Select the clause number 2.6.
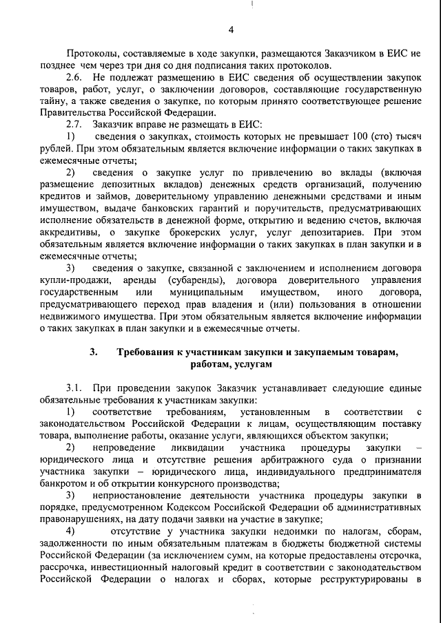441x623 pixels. (x=74, y=77)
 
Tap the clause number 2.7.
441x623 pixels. (x=74, y=125)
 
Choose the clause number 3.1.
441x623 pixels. (x=74, y=388)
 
